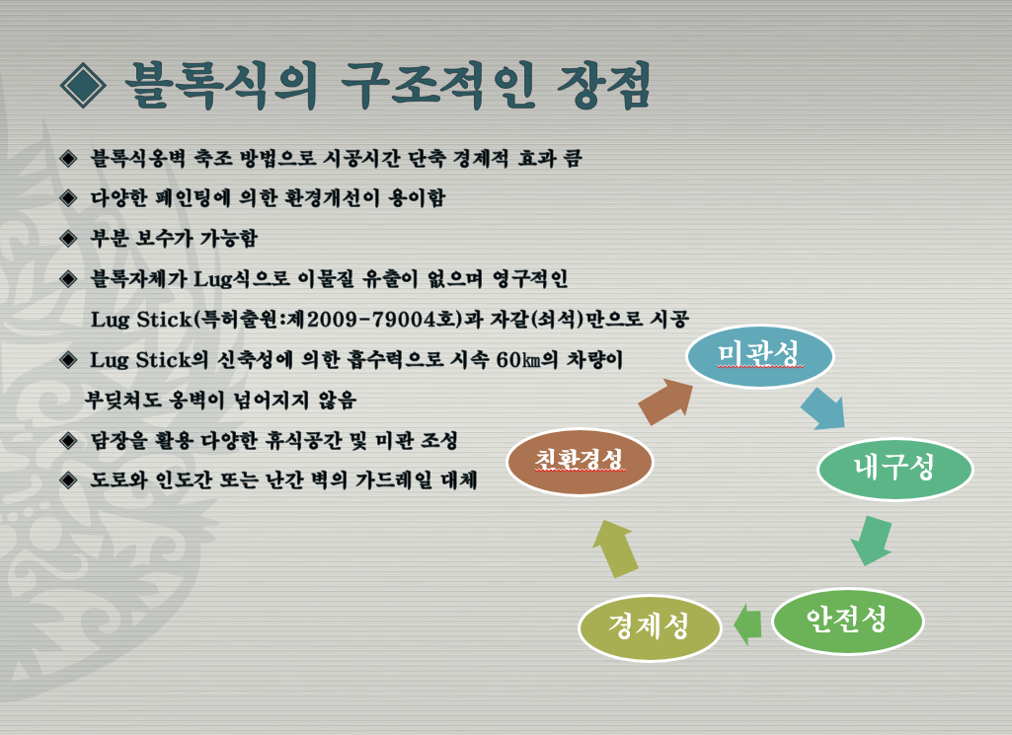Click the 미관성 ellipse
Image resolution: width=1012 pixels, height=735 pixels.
pyautogui.click(x=759, y=356)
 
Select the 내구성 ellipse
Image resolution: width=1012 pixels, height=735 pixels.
pyautogui.click(x=895, y=469)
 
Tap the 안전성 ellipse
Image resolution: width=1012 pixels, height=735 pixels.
pyautogui.click(x=847, y=621)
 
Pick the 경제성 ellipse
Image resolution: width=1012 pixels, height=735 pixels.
pyautogui.click(x=650, y=626)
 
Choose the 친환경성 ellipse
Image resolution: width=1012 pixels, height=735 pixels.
pyautogui.click(x=580, y=462)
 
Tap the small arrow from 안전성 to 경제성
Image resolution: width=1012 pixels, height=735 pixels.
pyautogui.click(x=747, y=625)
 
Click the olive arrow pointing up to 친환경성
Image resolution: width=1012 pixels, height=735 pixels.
pyautogui.click(x=615, y=549)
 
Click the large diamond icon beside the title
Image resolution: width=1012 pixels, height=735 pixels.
pyautogui.click(x=83, y=86)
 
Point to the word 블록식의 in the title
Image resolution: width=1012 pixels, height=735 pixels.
pyautogui.click(x=221, y=86)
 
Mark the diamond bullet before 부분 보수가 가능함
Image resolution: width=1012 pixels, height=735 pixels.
pyautogui.click(x=68, y=239)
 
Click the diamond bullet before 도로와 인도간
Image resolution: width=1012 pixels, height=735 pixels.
pyautogui.click(x=68, y=480)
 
